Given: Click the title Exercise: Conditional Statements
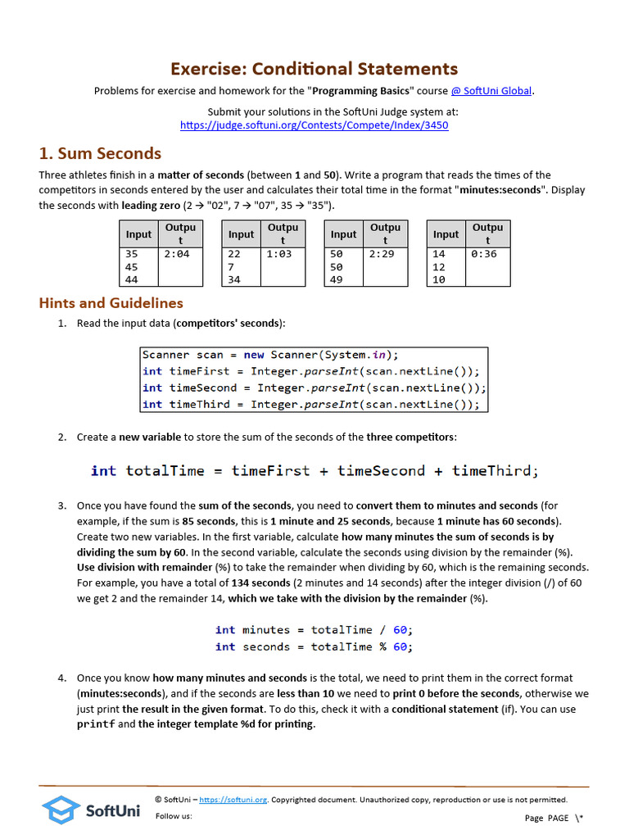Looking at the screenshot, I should (314, 69).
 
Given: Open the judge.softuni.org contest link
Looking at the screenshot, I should (314, 125).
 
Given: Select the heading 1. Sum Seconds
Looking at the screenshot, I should (100, 153).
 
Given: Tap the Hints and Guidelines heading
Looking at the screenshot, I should (111, 303).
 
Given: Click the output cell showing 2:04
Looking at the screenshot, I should (177, 254).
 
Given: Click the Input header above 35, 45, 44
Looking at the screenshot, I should (138, 234).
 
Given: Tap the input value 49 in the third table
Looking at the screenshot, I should (337, 280).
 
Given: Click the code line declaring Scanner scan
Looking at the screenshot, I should (270, 355).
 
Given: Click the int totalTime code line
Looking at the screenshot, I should (314, 470).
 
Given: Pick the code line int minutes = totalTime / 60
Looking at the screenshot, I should (314, 630).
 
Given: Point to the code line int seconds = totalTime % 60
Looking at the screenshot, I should (314, 646).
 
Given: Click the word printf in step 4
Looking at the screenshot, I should (95, 724).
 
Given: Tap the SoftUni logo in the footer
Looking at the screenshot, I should (91, 810).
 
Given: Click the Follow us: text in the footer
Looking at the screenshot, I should (174, 816).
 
